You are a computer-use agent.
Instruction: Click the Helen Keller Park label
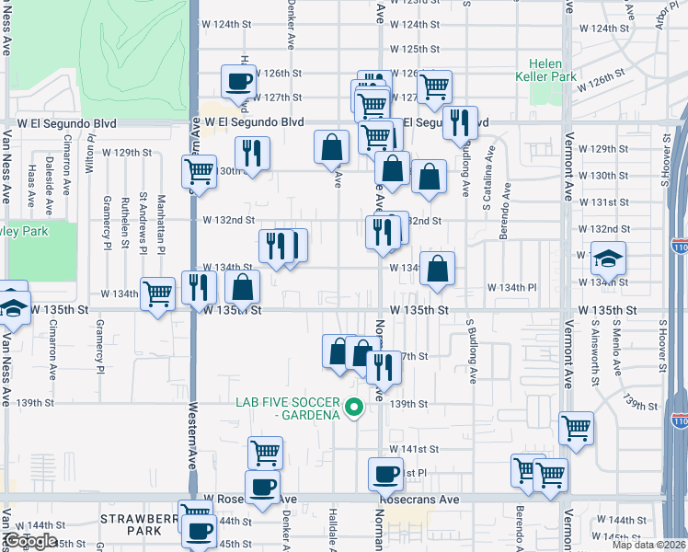[552, 70]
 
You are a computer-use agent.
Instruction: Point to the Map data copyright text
[648, 545]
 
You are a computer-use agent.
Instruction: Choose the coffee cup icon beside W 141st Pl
[385, 474]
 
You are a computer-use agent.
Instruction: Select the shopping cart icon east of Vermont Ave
[577, 427]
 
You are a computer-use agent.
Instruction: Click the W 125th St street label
[415, 49]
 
